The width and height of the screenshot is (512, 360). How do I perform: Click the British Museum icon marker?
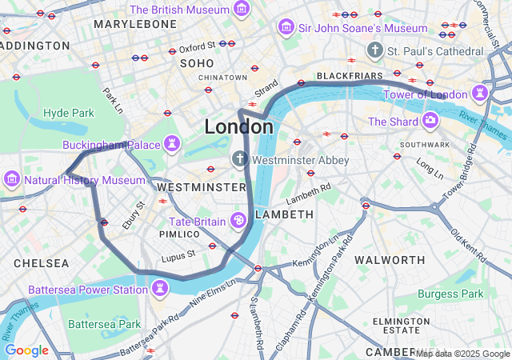pos(242,10)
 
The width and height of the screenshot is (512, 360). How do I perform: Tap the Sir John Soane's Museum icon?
pos(286,28)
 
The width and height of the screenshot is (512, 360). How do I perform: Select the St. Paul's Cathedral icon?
pos(374,51)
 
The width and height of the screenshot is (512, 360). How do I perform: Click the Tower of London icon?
pos(479,94)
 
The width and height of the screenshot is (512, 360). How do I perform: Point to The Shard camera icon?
pos(430,121)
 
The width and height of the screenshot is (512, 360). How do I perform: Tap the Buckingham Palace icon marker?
pos(171,145)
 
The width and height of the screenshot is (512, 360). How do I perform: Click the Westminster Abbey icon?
pos(239,160)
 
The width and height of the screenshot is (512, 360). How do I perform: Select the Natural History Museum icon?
pos(11,179)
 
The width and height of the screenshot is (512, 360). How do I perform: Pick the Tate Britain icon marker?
pos(238,221)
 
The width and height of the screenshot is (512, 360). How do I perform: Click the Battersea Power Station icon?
pos(161,288)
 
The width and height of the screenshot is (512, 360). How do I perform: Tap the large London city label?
pos(238,126)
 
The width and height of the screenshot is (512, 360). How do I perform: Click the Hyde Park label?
pos(69,113)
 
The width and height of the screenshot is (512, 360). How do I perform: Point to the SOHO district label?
pos(197,62)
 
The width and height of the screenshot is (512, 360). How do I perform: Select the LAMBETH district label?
pos(284,214)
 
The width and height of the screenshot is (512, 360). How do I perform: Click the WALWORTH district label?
pos(390,260)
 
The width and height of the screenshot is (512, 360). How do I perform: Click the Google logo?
pos(26,350)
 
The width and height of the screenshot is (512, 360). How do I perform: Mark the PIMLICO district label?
pos(178,234)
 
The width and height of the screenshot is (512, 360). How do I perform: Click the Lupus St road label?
pos(179,254)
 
